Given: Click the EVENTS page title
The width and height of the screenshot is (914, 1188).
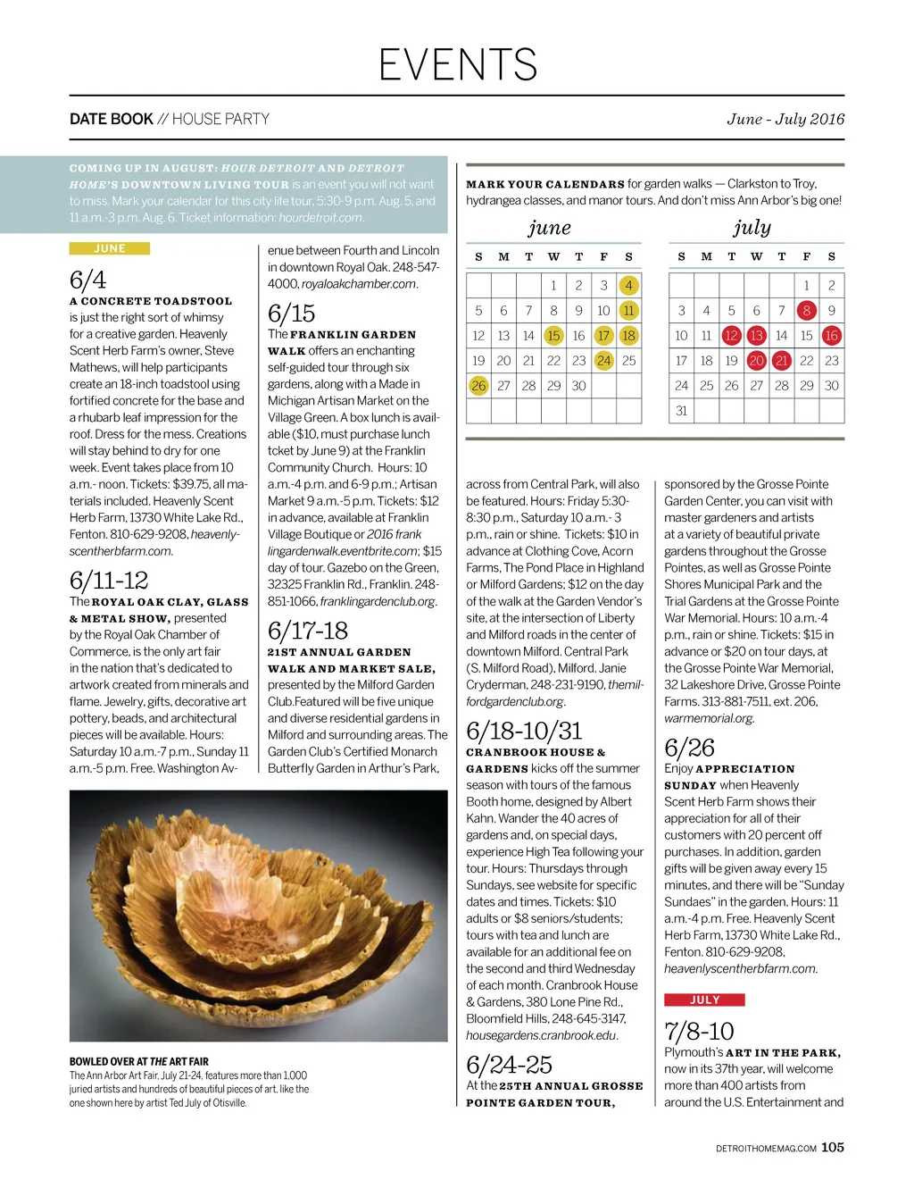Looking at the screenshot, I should click(x=457, y=64).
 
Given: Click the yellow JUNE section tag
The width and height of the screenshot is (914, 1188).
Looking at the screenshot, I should click(x=109, y=248).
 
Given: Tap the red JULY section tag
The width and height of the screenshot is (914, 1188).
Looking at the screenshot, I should click(x=704, y=1000).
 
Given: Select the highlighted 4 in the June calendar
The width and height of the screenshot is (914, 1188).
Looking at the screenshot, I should click(x=628, y=285).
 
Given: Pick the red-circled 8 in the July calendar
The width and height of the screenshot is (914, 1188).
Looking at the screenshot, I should click(x=807, y=310).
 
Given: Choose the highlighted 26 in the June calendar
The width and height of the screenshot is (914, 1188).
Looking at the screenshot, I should click(x=478, y=385).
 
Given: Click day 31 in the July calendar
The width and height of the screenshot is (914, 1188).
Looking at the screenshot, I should click(x=681, y=410).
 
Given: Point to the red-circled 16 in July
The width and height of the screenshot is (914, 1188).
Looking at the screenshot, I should click(x=831, y=335).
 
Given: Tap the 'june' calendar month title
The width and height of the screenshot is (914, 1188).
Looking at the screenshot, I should click(x=549, y=228).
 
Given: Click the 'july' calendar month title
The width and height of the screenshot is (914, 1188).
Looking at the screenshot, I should click(x=752, y=228).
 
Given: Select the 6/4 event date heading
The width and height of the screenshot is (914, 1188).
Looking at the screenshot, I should click(x=87, y=280).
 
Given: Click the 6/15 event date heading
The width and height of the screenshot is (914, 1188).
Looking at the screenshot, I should click(x=291, y=313).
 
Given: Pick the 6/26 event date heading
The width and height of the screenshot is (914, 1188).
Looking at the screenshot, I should click(x=689, y=747).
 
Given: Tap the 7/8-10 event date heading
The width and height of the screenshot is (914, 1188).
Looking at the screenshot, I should click(x=699, y=1031).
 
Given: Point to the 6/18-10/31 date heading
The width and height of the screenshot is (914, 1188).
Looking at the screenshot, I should click(x=524, y=730).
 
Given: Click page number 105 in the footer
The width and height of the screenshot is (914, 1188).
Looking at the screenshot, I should click(x=832, y=1147).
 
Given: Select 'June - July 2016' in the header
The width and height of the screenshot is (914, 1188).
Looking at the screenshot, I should click(x=785, y=119).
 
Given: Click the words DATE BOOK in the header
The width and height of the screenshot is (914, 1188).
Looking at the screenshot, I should click(x=112, y=119).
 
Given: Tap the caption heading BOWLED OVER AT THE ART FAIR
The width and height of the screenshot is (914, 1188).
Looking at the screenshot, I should click(x=139, y=1061).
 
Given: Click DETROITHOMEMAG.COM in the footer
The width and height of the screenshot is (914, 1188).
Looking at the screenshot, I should click(x=766, y=1149).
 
